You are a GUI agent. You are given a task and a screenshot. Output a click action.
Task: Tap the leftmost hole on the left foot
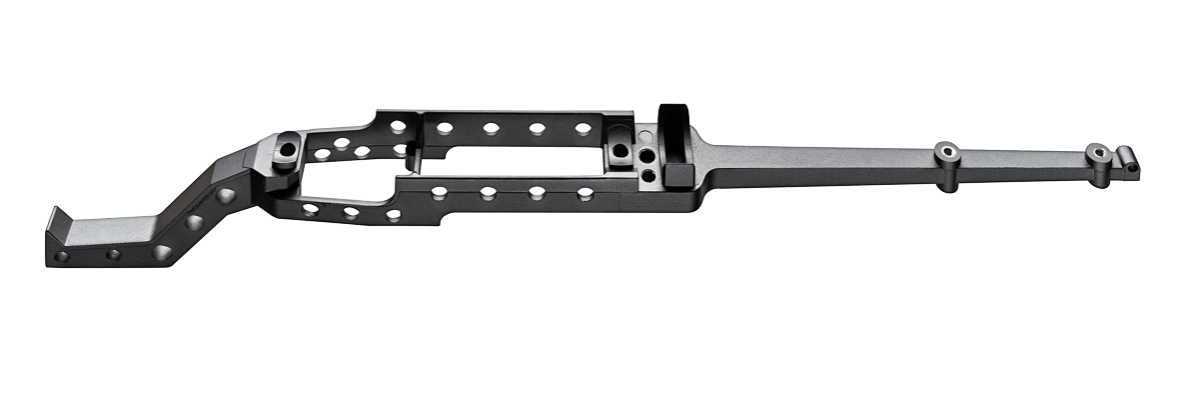click(x=62, y=256)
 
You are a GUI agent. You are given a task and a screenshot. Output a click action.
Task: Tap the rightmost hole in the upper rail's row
click(x=584, y=128)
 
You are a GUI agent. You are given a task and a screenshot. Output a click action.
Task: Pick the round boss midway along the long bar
click(x=945, y=153)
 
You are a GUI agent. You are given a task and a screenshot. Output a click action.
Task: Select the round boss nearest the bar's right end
click(x=1098, y=154)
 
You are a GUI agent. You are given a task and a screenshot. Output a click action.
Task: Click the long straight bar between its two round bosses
click(x=1019, y=161)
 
